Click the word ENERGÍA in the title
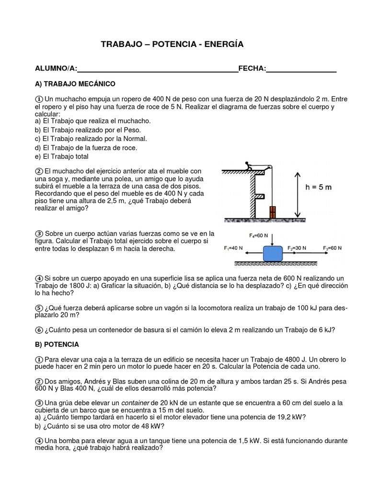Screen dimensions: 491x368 tap(224, 44)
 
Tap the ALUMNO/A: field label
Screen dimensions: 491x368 tap(56, 69)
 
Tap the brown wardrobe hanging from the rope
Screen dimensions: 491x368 tap(273, 212)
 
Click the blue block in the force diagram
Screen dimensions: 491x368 tap(273, 252)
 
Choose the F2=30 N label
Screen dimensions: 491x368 tap(297, 248)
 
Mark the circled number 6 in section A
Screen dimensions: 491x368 tap(39, 329)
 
